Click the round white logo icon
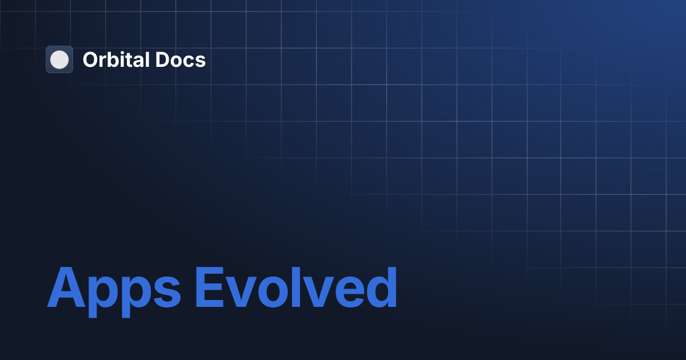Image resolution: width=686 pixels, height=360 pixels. click(59, 59)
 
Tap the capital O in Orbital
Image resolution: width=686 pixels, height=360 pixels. click(90, 59)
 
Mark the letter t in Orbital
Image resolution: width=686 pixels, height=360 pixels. click(131, 59)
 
